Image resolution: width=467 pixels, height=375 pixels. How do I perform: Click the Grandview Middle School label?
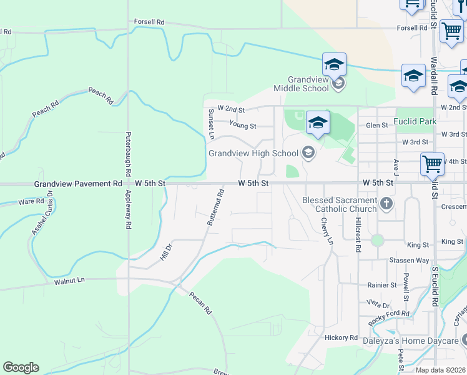pyautogui.click(x=308, y=84)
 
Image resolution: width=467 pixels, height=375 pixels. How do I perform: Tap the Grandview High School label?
pyautogui.click(x=253, y=153)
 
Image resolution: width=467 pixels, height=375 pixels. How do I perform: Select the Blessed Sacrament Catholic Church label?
pyautogui.click(x=340, y=204)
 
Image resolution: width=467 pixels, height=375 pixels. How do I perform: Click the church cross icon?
pyautogui.click(x=386, y=203)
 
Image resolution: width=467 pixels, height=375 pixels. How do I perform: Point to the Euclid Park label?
pyautogui.click(x=414, y=121)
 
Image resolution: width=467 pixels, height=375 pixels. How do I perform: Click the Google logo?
pyautogui.click(x=21, y=367)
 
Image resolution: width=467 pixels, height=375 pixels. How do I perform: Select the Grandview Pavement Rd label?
pyautogui.click(x=79, y=184)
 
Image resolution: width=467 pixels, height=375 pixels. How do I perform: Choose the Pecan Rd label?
pyautogui.click(x=201, y=302)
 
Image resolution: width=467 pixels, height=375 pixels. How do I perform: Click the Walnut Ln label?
pyautogui.click(x=69, y=282)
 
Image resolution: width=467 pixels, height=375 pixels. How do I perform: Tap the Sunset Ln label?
pyautogui.click(x=211, y=123)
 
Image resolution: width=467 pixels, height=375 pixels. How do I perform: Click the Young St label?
pyautogui.click(x=243, y=126)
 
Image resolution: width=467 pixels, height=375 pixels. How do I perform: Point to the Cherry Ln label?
pyautogui.click(x=327, y=231)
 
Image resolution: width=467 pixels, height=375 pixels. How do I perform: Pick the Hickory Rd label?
pyautogui.click(x=340, y=337)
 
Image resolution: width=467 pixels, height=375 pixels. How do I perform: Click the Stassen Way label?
pyautogui.click(x=406, y=260)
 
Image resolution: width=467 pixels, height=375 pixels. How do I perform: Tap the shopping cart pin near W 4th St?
pyautogui.click(x=432, y=164)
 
